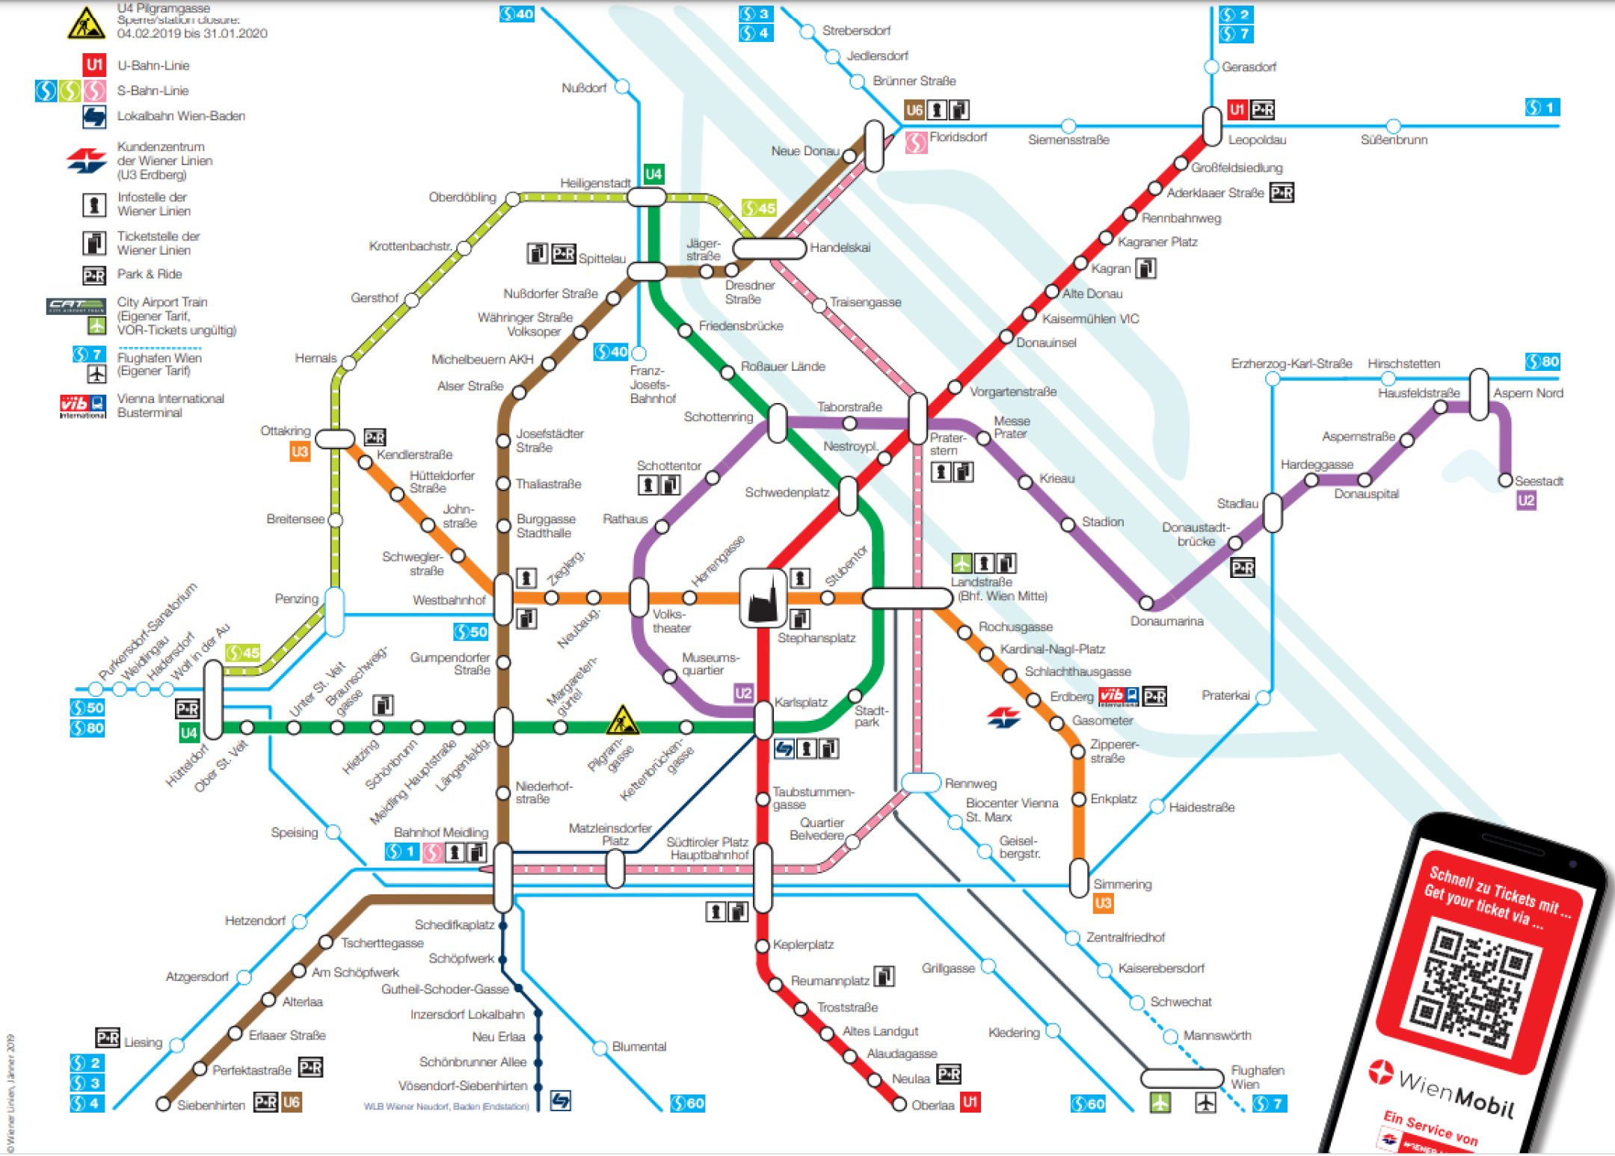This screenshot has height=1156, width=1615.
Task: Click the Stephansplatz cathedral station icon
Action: click(763, 597)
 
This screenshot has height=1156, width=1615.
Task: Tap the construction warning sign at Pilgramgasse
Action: click(621, 720)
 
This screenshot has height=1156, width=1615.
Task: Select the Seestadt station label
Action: click(1538, 481)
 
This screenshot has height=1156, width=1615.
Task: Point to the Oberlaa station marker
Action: click(899, 1104)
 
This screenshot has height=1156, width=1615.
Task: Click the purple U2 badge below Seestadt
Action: click(1526, 500)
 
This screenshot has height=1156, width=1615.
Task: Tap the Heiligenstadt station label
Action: click(595, 182)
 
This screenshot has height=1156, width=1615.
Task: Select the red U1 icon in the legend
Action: click(94, 65)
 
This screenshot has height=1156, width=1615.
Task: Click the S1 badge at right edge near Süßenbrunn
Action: click(1542, 108)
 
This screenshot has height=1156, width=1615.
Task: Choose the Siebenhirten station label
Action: click(211, 1105)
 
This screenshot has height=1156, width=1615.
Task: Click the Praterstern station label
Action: click(947, 444)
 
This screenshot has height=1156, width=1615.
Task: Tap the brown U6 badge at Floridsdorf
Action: click(914, 111)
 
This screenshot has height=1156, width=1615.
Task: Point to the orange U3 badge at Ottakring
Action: click(299, 452)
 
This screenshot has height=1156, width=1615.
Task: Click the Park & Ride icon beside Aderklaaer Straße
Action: click(1282, 193)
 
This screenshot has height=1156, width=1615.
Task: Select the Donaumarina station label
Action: click(1166, 621)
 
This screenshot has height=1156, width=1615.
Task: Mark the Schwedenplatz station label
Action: click(787, 493)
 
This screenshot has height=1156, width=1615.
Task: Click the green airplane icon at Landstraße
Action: click(962, 562)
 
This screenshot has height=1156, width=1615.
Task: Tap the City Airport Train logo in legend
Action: click(76, 307)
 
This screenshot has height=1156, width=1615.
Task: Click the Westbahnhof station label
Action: click(449, 600)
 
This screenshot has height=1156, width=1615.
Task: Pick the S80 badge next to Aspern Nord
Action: click(1542, 362)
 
